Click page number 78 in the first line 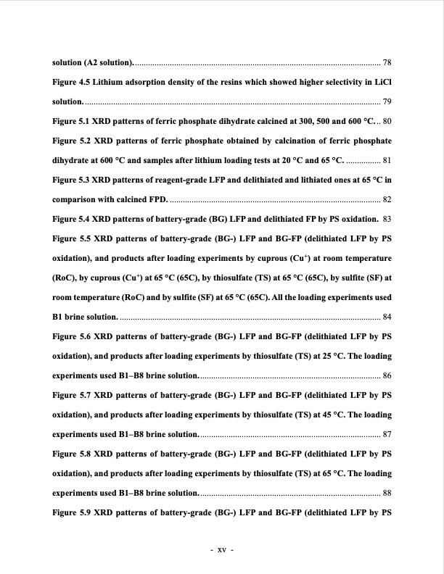point(387,61)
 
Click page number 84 point(387,317)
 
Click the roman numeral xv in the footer point(222,549)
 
